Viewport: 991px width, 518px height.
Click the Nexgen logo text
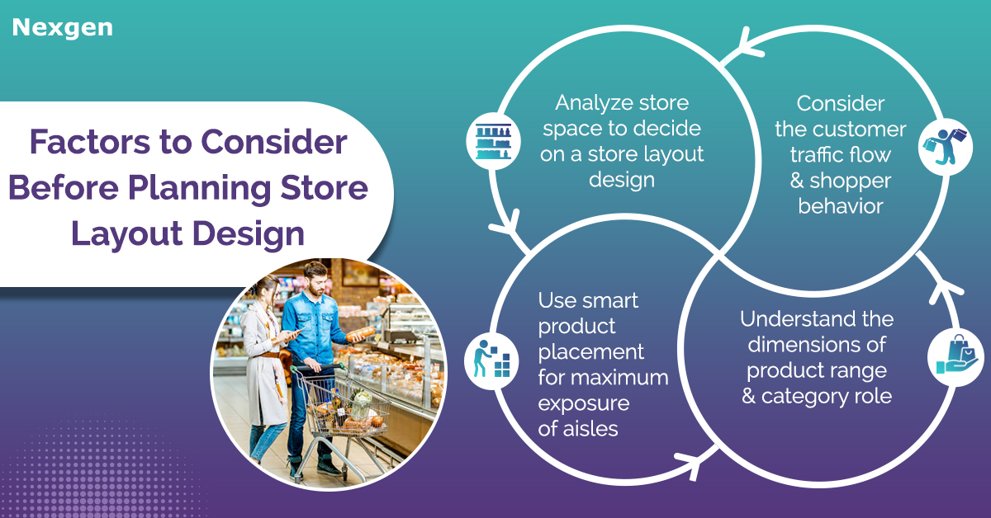(x=63, y=28)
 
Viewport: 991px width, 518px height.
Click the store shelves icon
(x=493, y=140)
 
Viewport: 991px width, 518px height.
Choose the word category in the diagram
(x=804, y=397)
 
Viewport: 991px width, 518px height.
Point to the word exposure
(x=584, y=403)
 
